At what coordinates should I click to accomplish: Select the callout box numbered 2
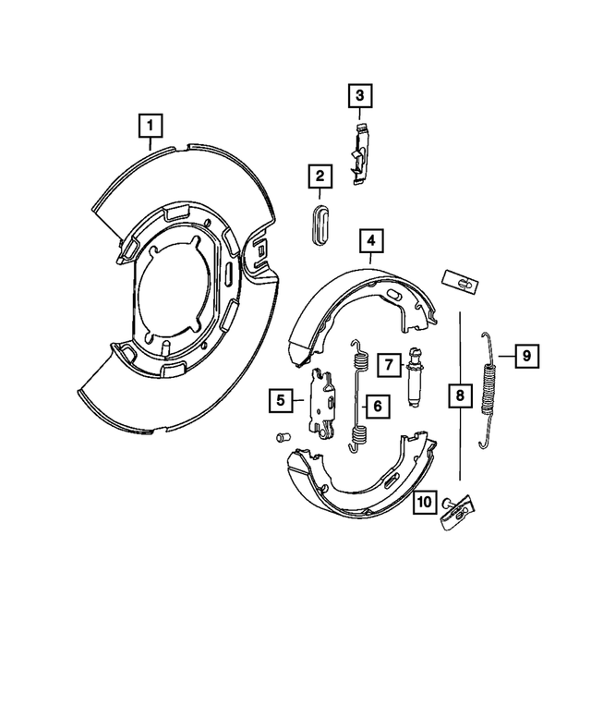point(320,176)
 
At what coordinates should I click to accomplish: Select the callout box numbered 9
point(525,354)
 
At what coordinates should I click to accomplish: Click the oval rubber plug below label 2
point(320,225)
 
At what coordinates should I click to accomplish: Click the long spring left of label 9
point(488,389)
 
